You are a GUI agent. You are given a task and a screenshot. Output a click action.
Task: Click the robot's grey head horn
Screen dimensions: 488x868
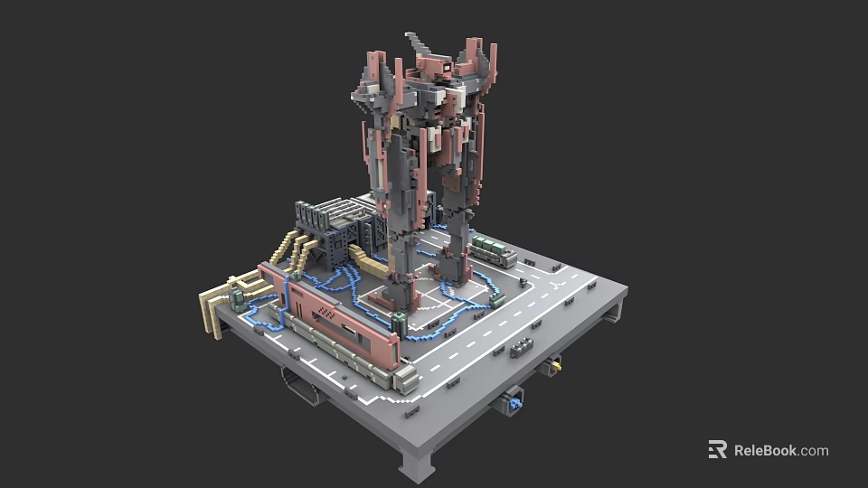click(419, 42)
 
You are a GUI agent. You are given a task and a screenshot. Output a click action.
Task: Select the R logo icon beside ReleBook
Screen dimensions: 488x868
click(717, 449)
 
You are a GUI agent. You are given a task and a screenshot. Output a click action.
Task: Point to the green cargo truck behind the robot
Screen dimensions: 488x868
click(494, 249)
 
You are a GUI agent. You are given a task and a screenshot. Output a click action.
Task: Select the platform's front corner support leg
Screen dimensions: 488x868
click(418, 466)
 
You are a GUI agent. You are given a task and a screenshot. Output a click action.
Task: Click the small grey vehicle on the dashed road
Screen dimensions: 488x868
click(521, 347)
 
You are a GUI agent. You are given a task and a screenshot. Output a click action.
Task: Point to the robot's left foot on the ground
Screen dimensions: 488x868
click(399, 294)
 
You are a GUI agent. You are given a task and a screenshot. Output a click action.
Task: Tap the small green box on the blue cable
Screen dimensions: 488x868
click(495, 297)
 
